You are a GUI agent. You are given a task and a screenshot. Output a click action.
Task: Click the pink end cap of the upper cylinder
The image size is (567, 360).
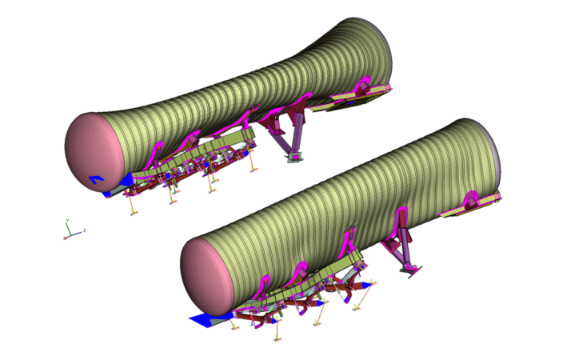(x=94, y=152)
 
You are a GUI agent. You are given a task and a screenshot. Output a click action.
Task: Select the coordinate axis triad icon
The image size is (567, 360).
(x=72, y=231)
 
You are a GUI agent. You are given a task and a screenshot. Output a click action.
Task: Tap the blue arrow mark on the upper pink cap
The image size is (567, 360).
(x=95, y=179)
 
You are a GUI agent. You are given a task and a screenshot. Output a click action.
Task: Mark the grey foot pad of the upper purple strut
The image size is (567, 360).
(x=293, y=161)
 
